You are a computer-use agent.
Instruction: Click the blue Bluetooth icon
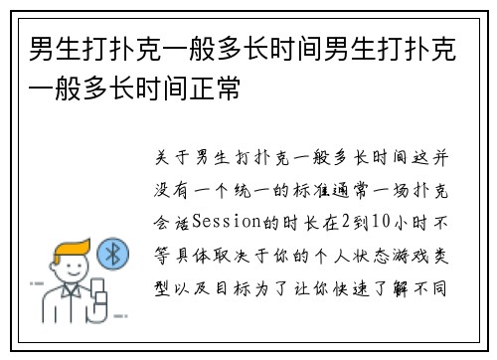coord(114,255)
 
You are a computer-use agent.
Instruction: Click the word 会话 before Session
coord(169,219)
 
